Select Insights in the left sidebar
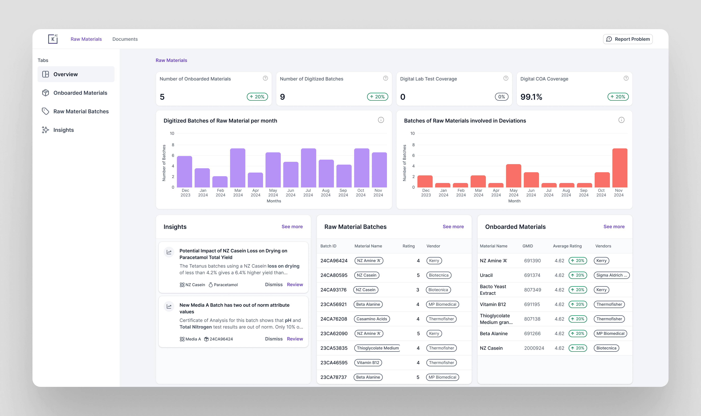point(63,130)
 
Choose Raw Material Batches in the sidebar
point(81,112)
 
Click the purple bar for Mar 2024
point(238,168)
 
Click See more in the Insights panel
point(292,227)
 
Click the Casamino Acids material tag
point(372,319)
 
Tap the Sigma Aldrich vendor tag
point(611,275)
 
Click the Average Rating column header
point(567,246)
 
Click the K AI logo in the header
point(53,39)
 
